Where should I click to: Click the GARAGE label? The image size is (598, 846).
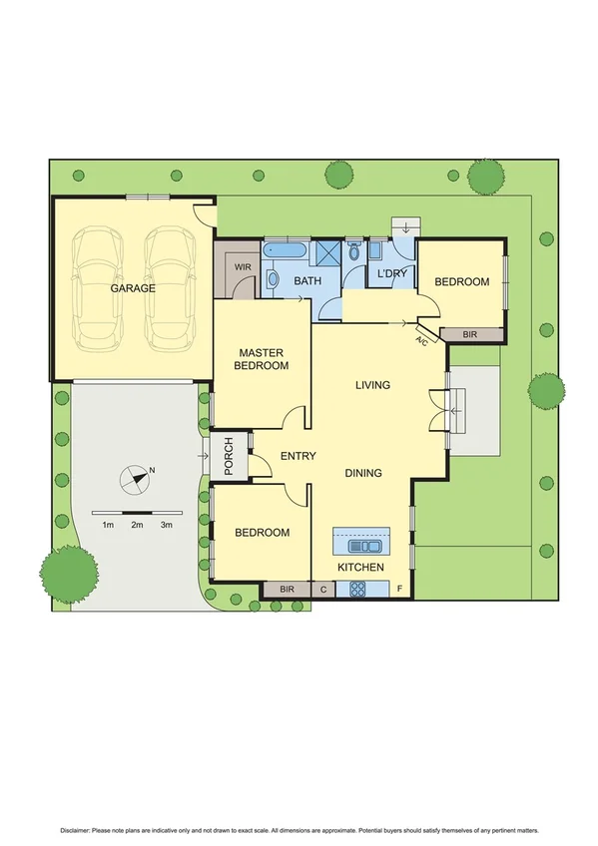133,288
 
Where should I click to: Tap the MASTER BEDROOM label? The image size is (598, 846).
262,359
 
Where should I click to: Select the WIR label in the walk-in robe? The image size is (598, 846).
242,267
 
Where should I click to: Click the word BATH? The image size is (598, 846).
306,282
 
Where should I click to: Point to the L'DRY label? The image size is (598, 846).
389,274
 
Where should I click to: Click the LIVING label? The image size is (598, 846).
373,385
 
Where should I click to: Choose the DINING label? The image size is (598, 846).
363,473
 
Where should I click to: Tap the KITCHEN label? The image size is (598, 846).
360,567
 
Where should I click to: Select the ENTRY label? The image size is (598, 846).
298,456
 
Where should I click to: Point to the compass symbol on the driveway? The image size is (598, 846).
135,479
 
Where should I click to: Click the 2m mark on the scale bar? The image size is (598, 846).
137,524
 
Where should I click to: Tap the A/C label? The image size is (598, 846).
421,343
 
